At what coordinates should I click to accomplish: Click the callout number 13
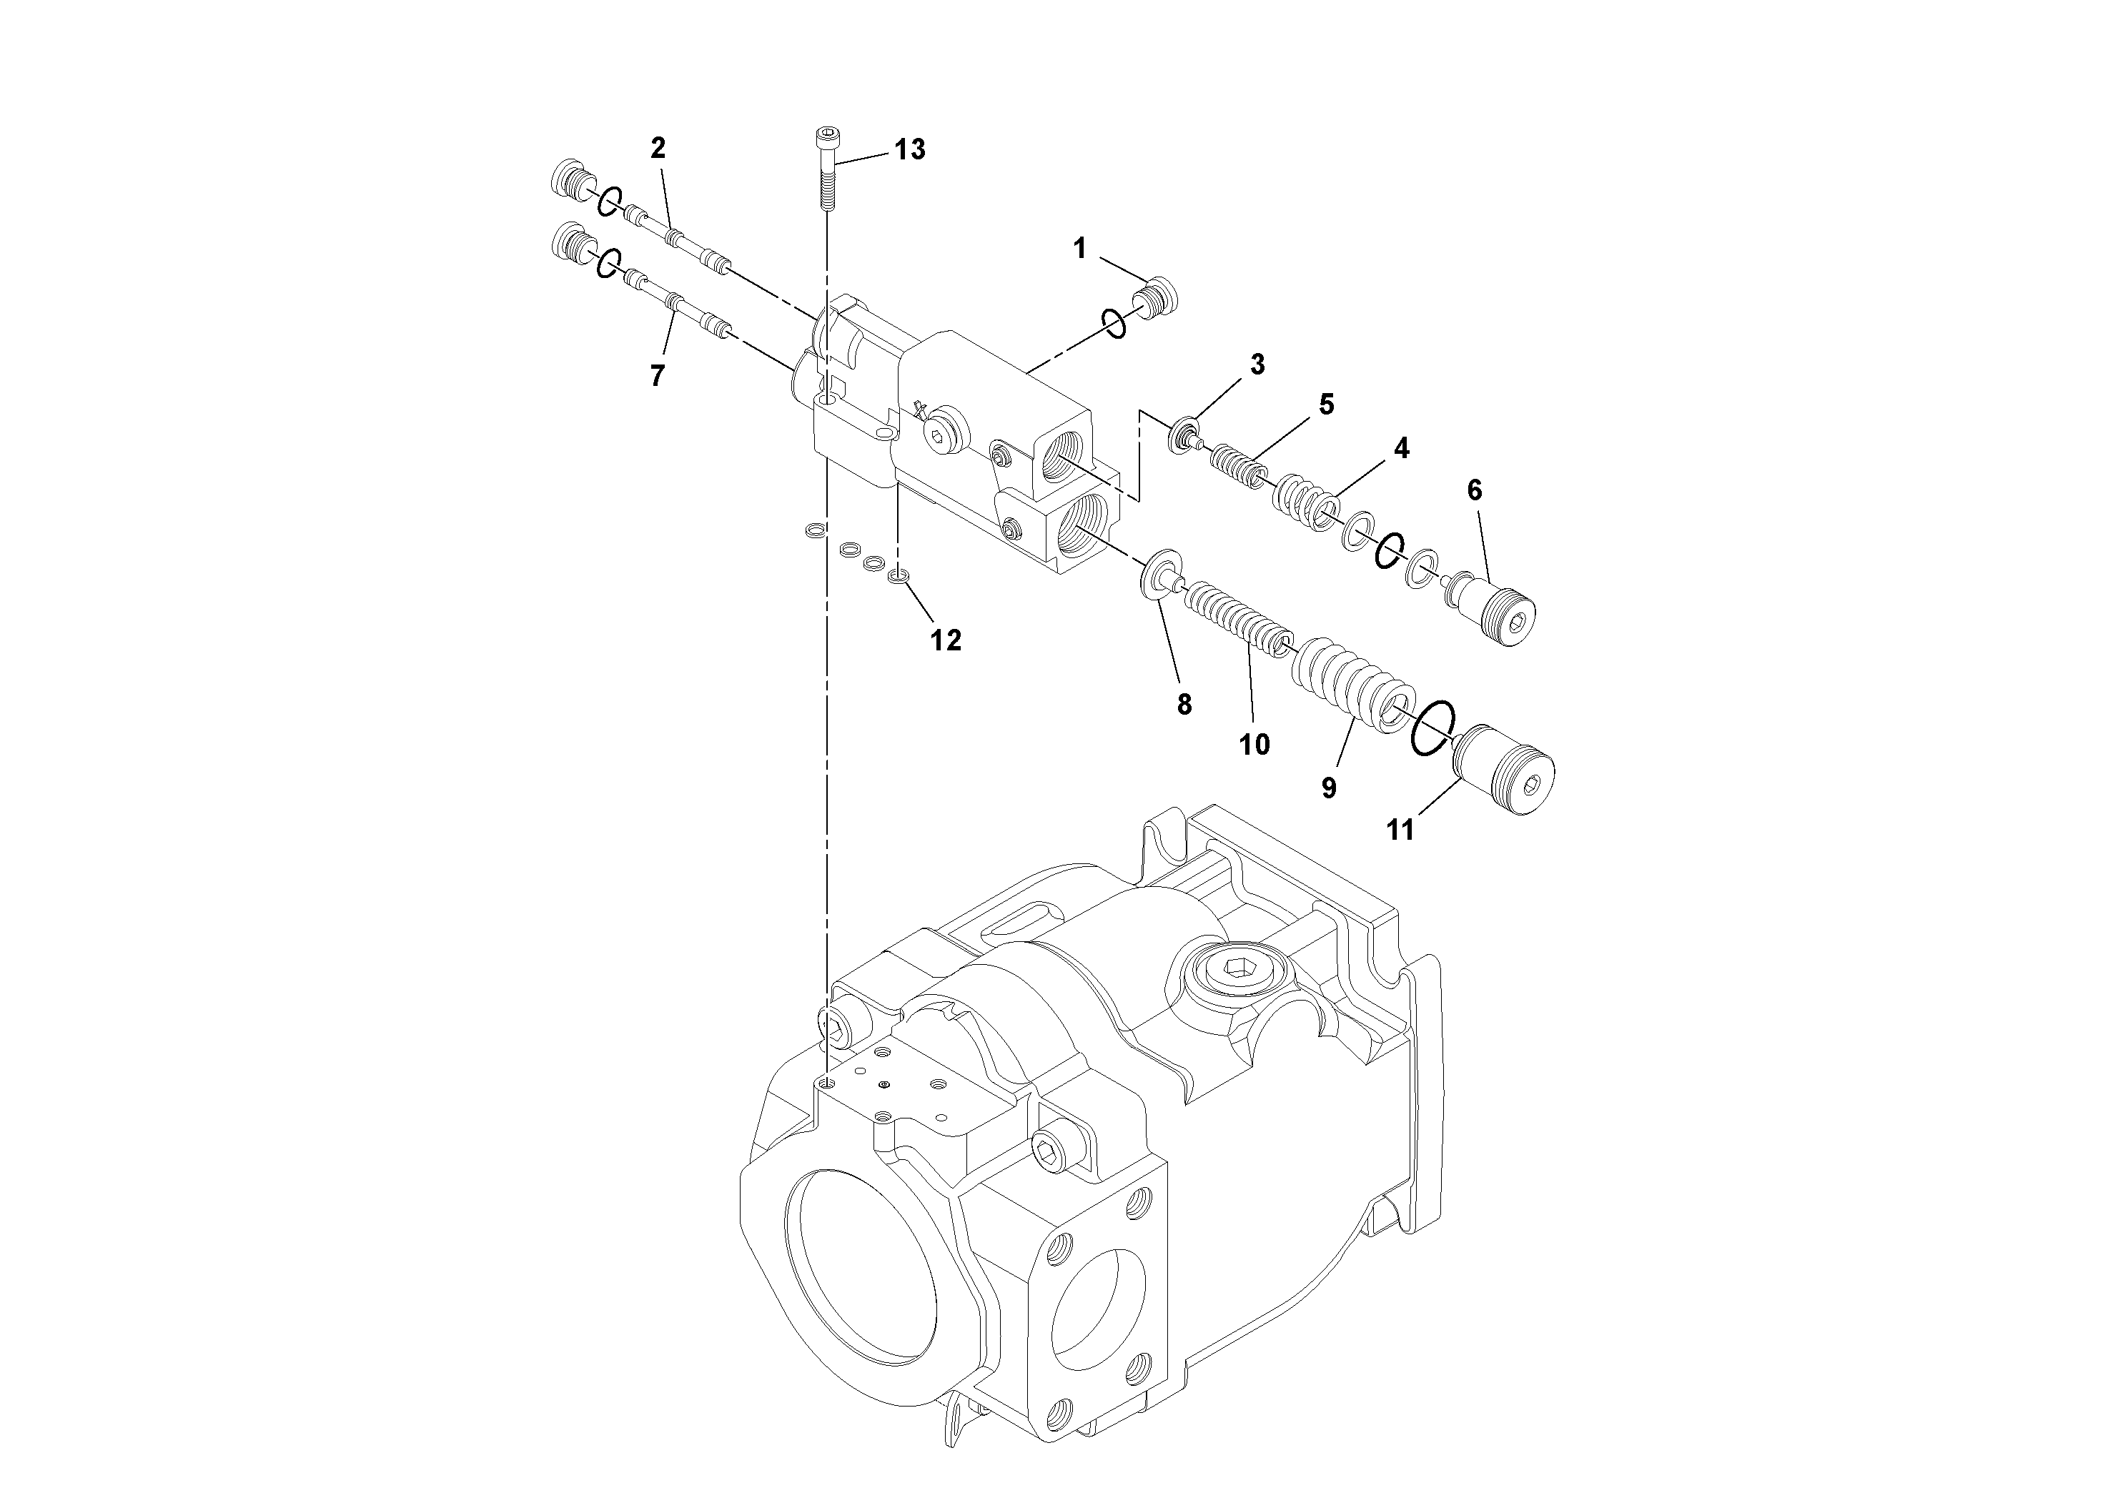(909, 150)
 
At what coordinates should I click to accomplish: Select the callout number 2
(658, 148)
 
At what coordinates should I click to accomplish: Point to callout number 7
(657, 375)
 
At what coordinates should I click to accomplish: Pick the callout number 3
(1257, 364)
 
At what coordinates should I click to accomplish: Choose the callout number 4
(1401, 449)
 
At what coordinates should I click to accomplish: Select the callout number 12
(946, 640)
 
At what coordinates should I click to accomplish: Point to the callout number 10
(1254, 744)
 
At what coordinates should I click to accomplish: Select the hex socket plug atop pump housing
(1238, 973)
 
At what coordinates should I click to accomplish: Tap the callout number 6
(1474, 490)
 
